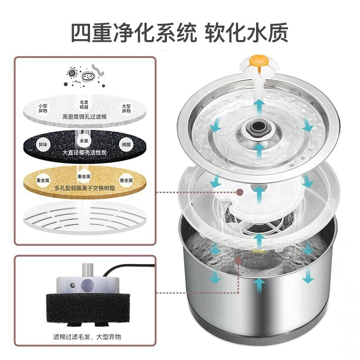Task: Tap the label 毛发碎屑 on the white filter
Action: click(x=84, y=105)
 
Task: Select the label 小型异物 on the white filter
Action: click(x=43, y=108)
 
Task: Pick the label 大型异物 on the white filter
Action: click(x=126, y=108)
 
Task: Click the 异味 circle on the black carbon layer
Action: click(x=43, y=144)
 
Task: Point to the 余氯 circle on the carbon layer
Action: click(x=84, y=140)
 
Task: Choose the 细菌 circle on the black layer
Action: click(x=126, y=144)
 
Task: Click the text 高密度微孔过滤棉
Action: click(x=85, y=117)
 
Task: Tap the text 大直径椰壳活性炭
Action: click(x=85, y=153)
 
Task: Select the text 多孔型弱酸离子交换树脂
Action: click(x=85, y=188)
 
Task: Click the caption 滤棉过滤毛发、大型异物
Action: click(x=87, y=337)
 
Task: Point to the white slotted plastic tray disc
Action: click(x=85, y=218)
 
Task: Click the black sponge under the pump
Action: click(x=88, y=307)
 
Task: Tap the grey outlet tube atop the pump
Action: click(x=88, y=270)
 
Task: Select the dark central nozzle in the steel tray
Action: click(x=259, y=126)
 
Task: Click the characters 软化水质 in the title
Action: click(x=246, y=32)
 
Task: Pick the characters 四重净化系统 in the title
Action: click(x=134, y=32)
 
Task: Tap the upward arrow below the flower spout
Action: click(x=259, y=108)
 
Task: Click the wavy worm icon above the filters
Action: click(x=98, y=70)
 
